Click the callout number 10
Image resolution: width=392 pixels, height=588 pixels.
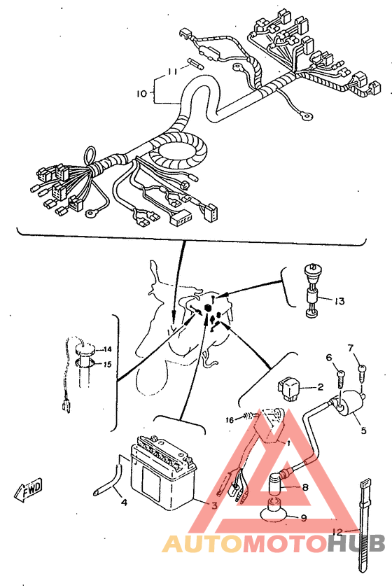[142, 93]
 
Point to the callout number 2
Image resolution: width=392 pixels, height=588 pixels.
[320, 386]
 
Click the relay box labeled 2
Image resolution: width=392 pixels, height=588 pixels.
[288, 386]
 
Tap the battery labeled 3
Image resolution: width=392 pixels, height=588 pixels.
[163, 473]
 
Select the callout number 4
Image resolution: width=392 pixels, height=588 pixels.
[124, 502]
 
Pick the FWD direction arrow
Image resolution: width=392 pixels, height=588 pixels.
[29, 490]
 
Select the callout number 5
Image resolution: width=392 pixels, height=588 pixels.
[363, 430]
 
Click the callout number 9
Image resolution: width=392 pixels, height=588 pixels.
[304, 518]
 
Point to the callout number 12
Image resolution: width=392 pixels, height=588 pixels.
[337, 531]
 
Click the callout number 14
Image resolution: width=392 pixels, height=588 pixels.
[108, 349]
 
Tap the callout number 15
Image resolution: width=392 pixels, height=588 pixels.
[108, 364]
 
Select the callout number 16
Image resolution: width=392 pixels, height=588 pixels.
[230, 419]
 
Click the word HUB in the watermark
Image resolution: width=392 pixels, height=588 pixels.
[356, 543]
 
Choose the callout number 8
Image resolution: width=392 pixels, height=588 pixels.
[305, 487]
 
